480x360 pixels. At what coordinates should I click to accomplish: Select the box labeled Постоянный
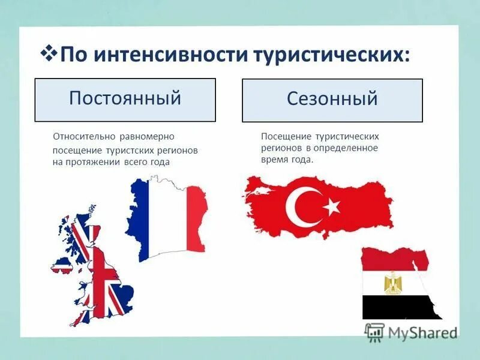pyautogui.click(x=125, y=100)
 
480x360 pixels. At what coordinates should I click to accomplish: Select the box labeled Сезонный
pyautogui.click(x=332, y=100)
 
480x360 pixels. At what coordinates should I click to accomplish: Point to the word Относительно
pyautogui.click(x=82, y=137)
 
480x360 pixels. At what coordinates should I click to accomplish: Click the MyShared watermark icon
pyautogui.click(x=374, y=331)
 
